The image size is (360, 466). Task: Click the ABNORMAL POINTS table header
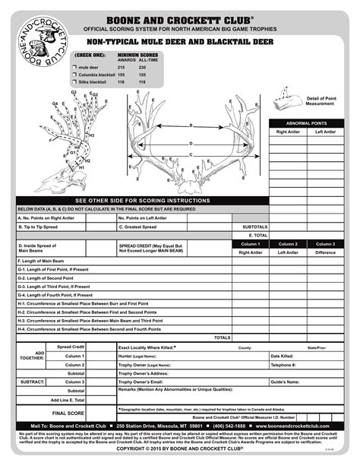(307, 122)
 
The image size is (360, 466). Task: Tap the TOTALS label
(222, 337)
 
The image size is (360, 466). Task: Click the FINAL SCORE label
(68, 412)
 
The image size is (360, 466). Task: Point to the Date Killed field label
(282, 355)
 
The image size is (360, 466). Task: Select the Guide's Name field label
(285, 381)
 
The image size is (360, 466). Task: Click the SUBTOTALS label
(254, 227)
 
